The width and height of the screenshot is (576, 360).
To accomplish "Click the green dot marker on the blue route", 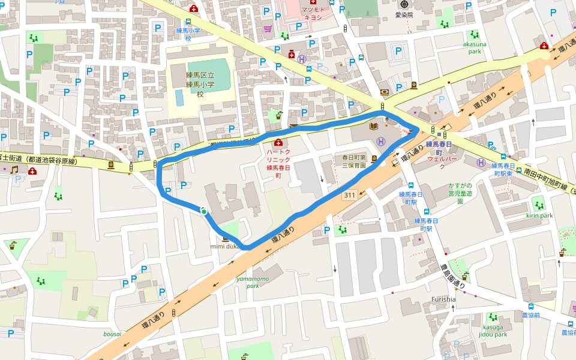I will click(x=204, y=211).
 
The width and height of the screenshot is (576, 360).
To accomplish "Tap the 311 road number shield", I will click(x=350, y=196).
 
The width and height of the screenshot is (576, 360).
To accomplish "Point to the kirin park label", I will click(x=539, y=215).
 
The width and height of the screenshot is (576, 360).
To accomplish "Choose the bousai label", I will click(x=112, y=334).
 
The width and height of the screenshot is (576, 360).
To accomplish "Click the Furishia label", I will click(x=443, y=299).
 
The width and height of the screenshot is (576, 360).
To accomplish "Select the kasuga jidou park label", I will click(x=493, y=331).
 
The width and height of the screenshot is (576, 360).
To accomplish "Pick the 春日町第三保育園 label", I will click(x=350, y=160).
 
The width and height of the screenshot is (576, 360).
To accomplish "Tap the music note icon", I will click(x=14, y=170).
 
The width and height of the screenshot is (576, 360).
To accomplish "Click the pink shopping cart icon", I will click(x=268, y=29).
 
